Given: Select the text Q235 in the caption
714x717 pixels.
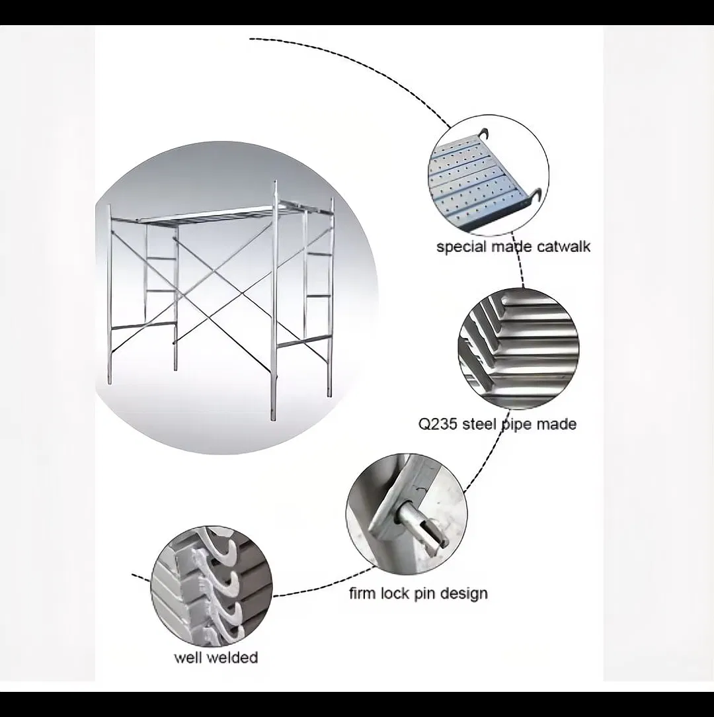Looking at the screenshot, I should click(437, 424).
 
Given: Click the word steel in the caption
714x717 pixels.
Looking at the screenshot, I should click(479, 424).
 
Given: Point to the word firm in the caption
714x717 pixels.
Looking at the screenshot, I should click(362, 593).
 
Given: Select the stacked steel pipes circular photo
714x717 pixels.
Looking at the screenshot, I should click(518, 348).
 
